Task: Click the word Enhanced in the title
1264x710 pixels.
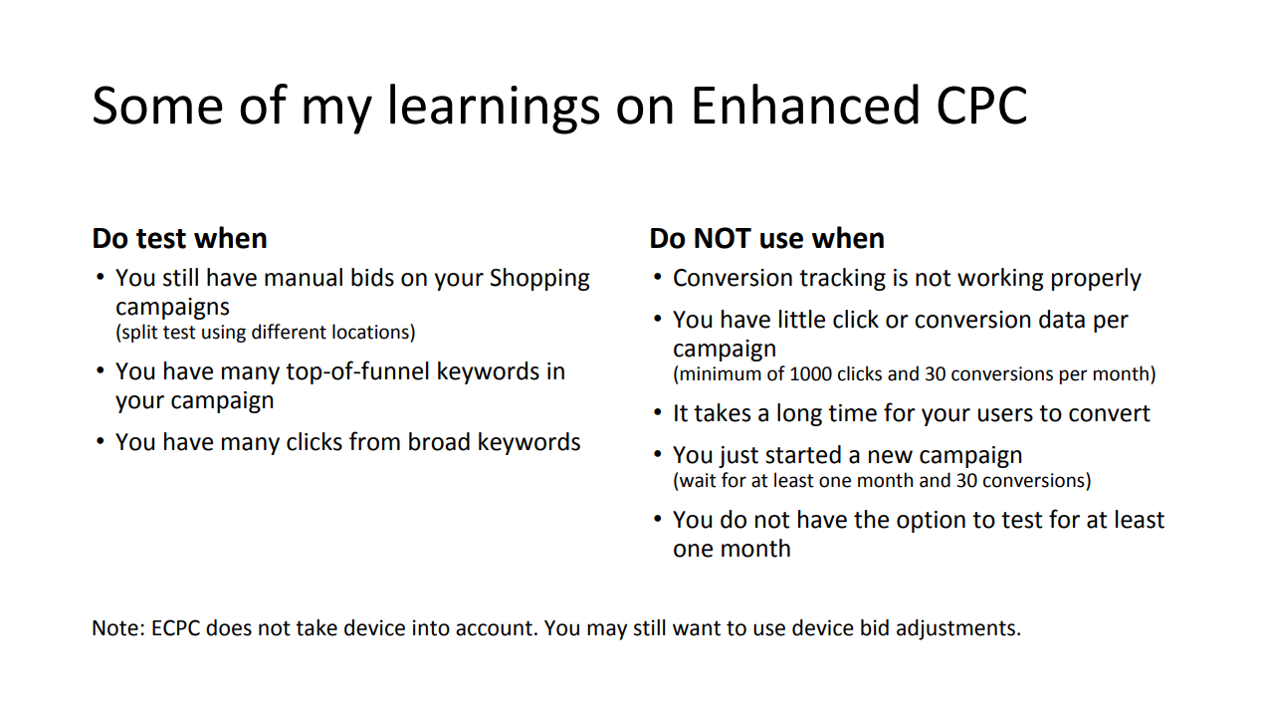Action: [x=806, y=106]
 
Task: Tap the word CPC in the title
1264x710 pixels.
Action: [x=982, y=107]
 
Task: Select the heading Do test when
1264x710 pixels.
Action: [x=179, y=238]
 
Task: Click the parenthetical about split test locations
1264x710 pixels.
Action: [x=265, y=333]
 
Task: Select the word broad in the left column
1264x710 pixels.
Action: [x=439, y=442]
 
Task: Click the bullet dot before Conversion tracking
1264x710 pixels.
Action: [x=658, y=278]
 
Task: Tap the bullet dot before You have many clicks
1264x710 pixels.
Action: [x=101, y=441]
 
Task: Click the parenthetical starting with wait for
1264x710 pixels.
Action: [x=882, y=481]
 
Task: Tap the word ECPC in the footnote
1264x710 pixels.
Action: [x=176, y=628]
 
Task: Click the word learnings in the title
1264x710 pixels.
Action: [x=494, y=108]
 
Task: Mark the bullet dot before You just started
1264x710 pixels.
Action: [x=658, y=455]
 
